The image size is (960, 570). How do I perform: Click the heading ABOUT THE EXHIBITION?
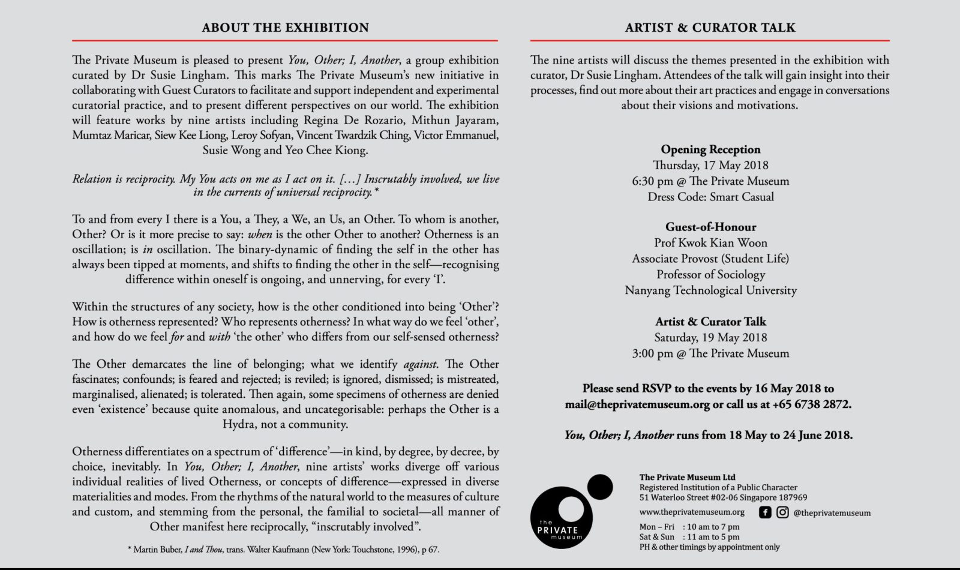tap(285, 28)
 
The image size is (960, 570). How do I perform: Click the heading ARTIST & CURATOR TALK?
tap(710, 28)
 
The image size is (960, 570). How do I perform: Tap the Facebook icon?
tap(765, 512)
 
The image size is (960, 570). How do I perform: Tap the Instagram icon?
tap(782, 512)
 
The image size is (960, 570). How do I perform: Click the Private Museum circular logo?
tap(562, 518)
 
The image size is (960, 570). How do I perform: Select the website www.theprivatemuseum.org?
tap(692, 512)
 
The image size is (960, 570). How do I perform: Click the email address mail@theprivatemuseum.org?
tap(637, 404)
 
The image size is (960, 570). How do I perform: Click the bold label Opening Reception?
tap(710, 149)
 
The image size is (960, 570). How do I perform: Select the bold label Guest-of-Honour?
tap(710, 227)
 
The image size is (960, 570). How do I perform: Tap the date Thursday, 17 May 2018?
tap(710, 165)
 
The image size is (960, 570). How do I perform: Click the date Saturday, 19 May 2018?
tap(710, 337)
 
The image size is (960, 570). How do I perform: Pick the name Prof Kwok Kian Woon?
tap(710, 242)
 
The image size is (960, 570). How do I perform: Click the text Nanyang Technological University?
tap(710, 290)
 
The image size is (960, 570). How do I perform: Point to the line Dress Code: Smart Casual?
tap(710, 197)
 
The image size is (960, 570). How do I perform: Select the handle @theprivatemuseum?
tap(832, 513)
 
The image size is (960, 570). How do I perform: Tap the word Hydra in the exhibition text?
tap(238, 424)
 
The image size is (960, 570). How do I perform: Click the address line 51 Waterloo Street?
tap(723, 497)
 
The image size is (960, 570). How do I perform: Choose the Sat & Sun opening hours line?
tap(689, 537)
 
